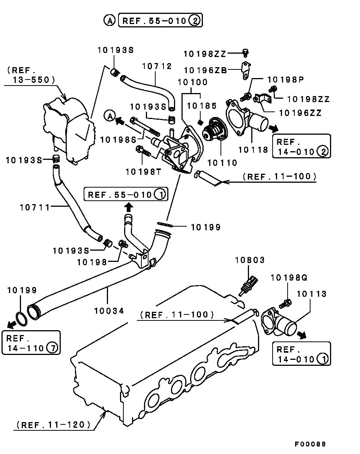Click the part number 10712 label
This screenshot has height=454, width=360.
157,67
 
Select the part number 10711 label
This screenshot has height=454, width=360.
34,207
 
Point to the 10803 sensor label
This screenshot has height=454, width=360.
250,260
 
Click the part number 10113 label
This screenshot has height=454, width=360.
312,294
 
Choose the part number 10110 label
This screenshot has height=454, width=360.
222,163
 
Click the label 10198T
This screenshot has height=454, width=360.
143,171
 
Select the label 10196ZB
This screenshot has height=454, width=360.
205,70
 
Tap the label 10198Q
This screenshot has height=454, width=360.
289,278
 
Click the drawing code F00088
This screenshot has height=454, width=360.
310,444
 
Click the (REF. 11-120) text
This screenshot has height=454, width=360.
53,425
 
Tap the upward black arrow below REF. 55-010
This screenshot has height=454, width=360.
128,206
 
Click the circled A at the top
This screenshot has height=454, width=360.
109,21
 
